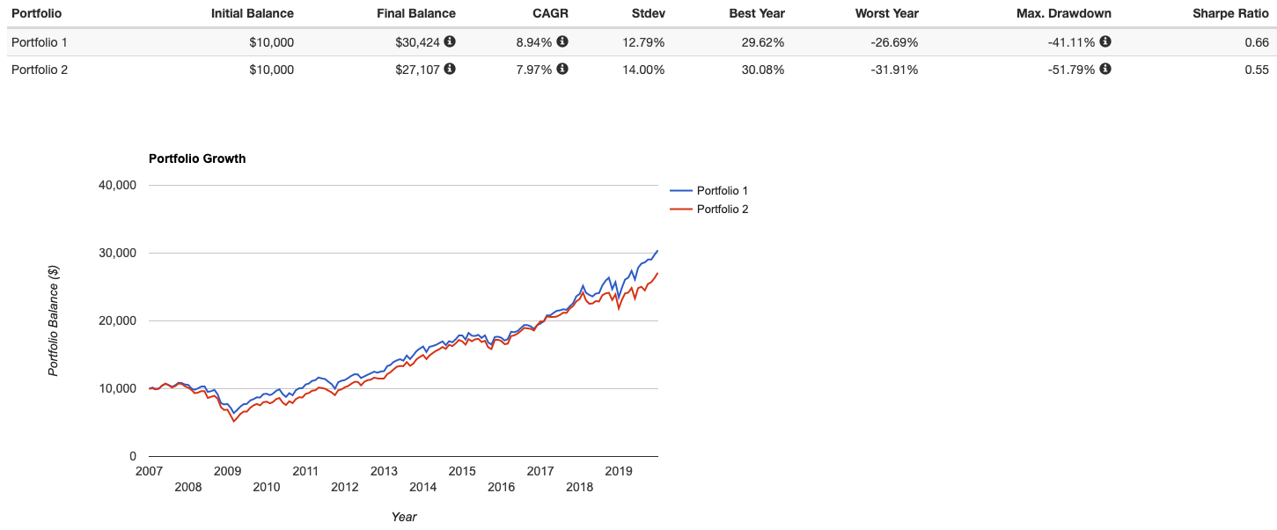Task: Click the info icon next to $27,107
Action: (x=451, y=70)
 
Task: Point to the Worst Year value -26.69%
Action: (x=888, y=41)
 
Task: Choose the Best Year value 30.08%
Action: (x=757, y=70)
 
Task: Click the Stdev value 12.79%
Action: (x=642, y=41)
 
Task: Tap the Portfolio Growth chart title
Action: (x=197, y=158)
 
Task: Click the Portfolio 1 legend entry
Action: (x=722, y=190)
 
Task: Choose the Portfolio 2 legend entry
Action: (x=722, y=210)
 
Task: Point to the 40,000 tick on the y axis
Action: (x=119, y=185)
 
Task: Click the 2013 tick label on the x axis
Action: (x=384, y=471)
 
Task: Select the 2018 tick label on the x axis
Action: (x=579, y=487)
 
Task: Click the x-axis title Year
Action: (x=404, y=517)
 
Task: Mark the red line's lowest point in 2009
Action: (x=234, y=422)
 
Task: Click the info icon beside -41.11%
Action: (x=1105, y=41)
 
